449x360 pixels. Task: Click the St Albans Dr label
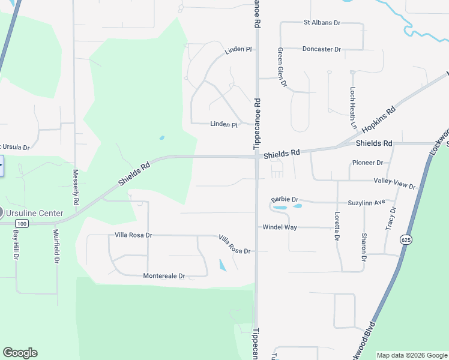[322, 23]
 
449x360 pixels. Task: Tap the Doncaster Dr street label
[322, 49]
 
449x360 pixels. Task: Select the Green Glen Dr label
[280, 68]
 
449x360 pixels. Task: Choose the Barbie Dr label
[285, 199]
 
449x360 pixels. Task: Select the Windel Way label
[280, 227]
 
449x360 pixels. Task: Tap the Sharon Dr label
[364, 247]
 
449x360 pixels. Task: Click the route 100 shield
[22, 224]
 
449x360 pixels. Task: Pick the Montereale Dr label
[164, 276]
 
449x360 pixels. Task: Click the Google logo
[20, 353]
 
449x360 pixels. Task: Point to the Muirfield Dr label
[56, 246]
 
